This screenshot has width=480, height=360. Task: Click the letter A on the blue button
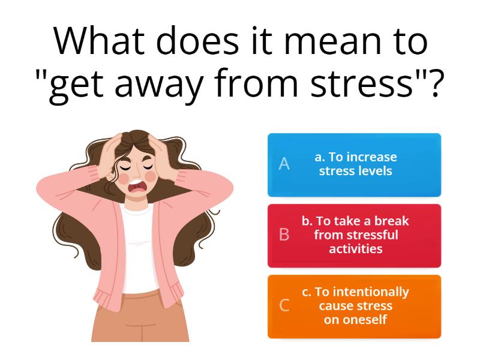point(284,164)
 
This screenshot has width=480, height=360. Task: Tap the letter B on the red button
point(284,235)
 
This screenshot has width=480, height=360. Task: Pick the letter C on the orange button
point(284,305)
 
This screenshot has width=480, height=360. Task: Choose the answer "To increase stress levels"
point(355,164)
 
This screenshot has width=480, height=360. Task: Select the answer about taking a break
point(355,235)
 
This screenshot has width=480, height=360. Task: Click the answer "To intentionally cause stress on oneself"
point(355,305)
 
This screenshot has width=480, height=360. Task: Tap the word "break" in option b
point(391,221)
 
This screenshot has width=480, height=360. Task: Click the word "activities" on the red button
point(355,248)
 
